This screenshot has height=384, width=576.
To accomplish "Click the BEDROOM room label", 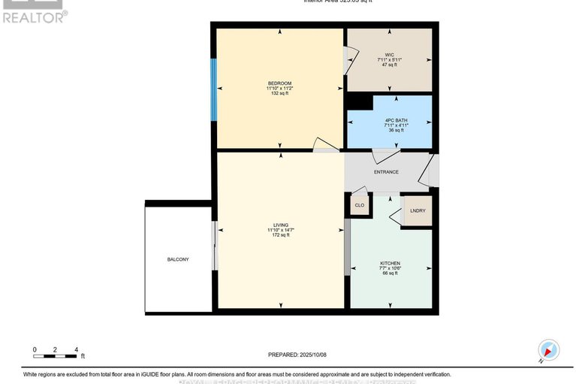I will (x=279, y=83).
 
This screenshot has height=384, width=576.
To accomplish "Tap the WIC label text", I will (x=388, y=54).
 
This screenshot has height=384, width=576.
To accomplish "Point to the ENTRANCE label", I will (x=386, y=172).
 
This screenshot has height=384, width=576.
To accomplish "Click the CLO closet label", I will (x=360, y=204).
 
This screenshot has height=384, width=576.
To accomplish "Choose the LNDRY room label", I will (x=417, y=210).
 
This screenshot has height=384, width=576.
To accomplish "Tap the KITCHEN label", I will (x=391, y=263).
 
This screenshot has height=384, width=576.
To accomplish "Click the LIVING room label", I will (x=281, y=225).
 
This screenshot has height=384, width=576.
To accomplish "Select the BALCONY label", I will (x=178, y=259).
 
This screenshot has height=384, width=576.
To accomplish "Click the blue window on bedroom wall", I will (x=214, y=89).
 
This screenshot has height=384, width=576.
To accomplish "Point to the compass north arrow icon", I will (x=549, y=350).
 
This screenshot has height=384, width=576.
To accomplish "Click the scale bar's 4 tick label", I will (x=76, y=349).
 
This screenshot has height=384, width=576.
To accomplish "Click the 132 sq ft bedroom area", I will (x=279, y=94).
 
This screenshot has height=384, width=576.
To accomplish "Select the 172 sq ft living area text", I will (x=281, y=235).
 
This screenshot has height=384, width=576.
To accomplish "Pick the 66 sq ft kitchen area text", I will (x=391, y=274).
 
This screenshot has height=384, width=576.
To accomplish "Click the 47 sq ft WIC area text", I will (x=388, y=65).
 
